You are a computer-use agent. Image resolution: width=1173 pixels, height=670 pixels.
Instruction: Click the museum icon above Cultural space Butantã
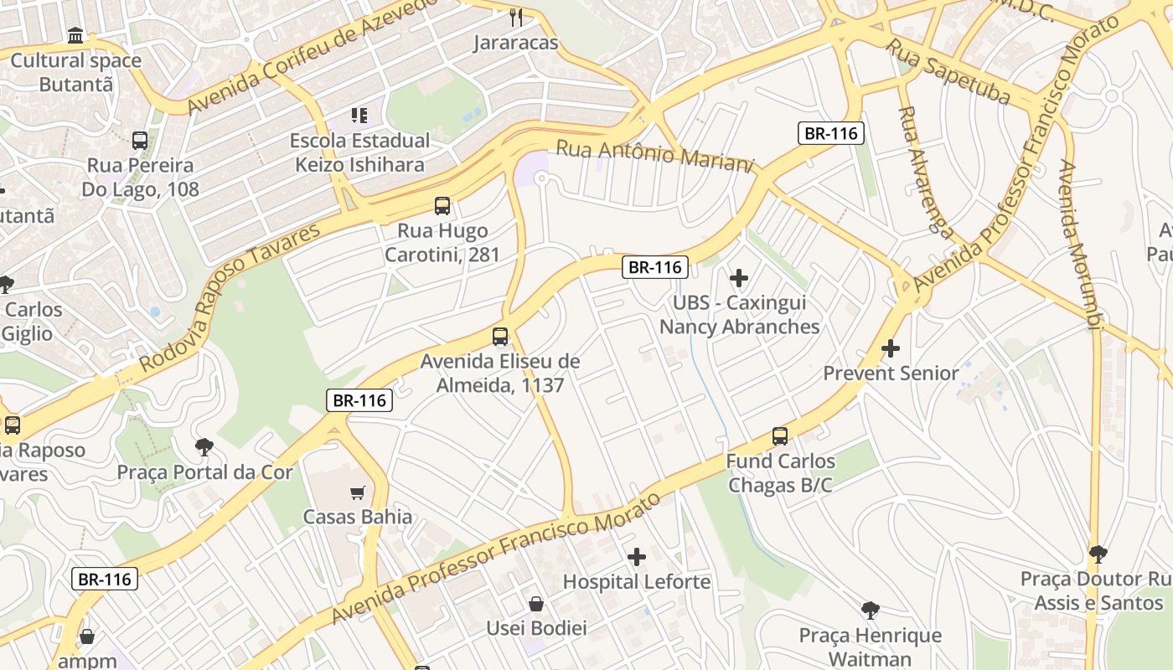click(75, 36)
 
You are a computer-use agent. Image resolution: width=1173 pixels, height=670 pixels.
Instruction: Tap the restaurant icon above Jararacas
click(516, 17)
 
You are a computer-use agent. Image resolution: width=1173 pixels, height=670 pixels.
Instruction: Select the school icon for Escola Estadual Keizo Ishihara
click(359, 115)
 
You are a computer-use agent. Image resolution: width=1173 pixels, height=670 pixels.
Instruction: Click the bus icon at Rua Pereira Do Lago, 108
click(140, 140)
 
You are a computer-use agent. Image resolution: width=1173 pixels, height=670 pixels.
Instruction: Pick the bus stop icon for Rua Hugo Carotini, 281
click(442, 205)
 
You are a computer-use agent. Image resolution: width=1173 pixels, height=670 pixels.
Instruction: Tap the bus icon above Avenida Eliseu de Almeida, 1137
click(500, 337)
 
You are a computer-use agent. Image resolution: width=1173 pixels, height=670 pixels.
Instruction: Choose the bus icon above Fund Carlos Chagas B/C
click(780, 435)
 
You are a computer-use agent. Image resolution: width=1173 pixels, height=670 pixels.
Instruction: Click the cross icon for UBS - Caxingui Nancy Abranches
click(739, 277)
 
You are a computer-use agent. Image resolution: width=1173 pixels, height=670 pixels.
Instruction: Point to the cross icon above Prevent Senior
click(891, 348)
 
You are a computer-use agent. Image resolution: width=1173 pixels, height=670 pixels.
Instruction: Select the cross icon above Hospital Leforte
click(637, 556)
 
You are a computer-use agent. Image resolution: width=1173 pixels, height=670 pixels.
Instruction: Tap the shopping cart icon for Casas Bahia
click(358, 492)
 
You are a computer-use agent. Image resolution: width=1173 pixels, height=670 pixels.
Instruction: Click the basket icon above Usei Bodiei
click(536, 603)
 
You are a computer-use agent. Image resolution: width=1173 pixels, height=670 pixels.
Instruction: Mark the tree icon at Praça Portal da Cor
click(204, 446)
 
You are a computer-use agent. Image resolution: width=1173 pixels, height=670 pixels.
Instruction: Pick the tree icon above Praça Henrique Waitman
click(871, 610)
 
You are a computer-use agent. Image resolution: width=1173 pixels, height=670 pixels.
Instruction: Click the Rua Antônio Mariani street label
click(655, 156)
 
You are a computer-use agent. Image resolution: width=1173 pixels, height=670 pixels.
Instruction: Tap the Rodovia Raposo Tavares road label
click(230, 297)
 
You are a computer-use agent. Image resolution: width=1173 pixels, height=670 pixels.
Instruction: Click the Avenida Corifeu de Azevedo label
click(312, 55)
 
